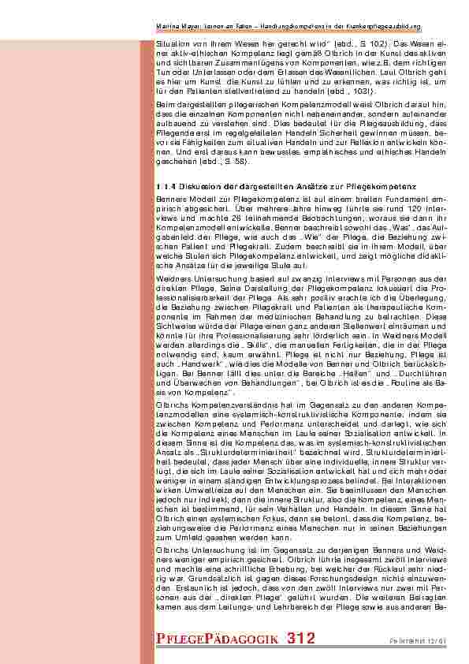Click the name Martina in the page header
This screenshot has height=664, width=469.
169,26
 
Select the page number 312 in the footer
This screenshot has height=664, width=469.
301,638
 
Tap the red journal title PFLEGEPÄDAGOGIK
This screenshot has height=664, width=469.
218,639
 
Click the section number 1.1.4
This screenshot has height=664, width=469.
166,185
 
